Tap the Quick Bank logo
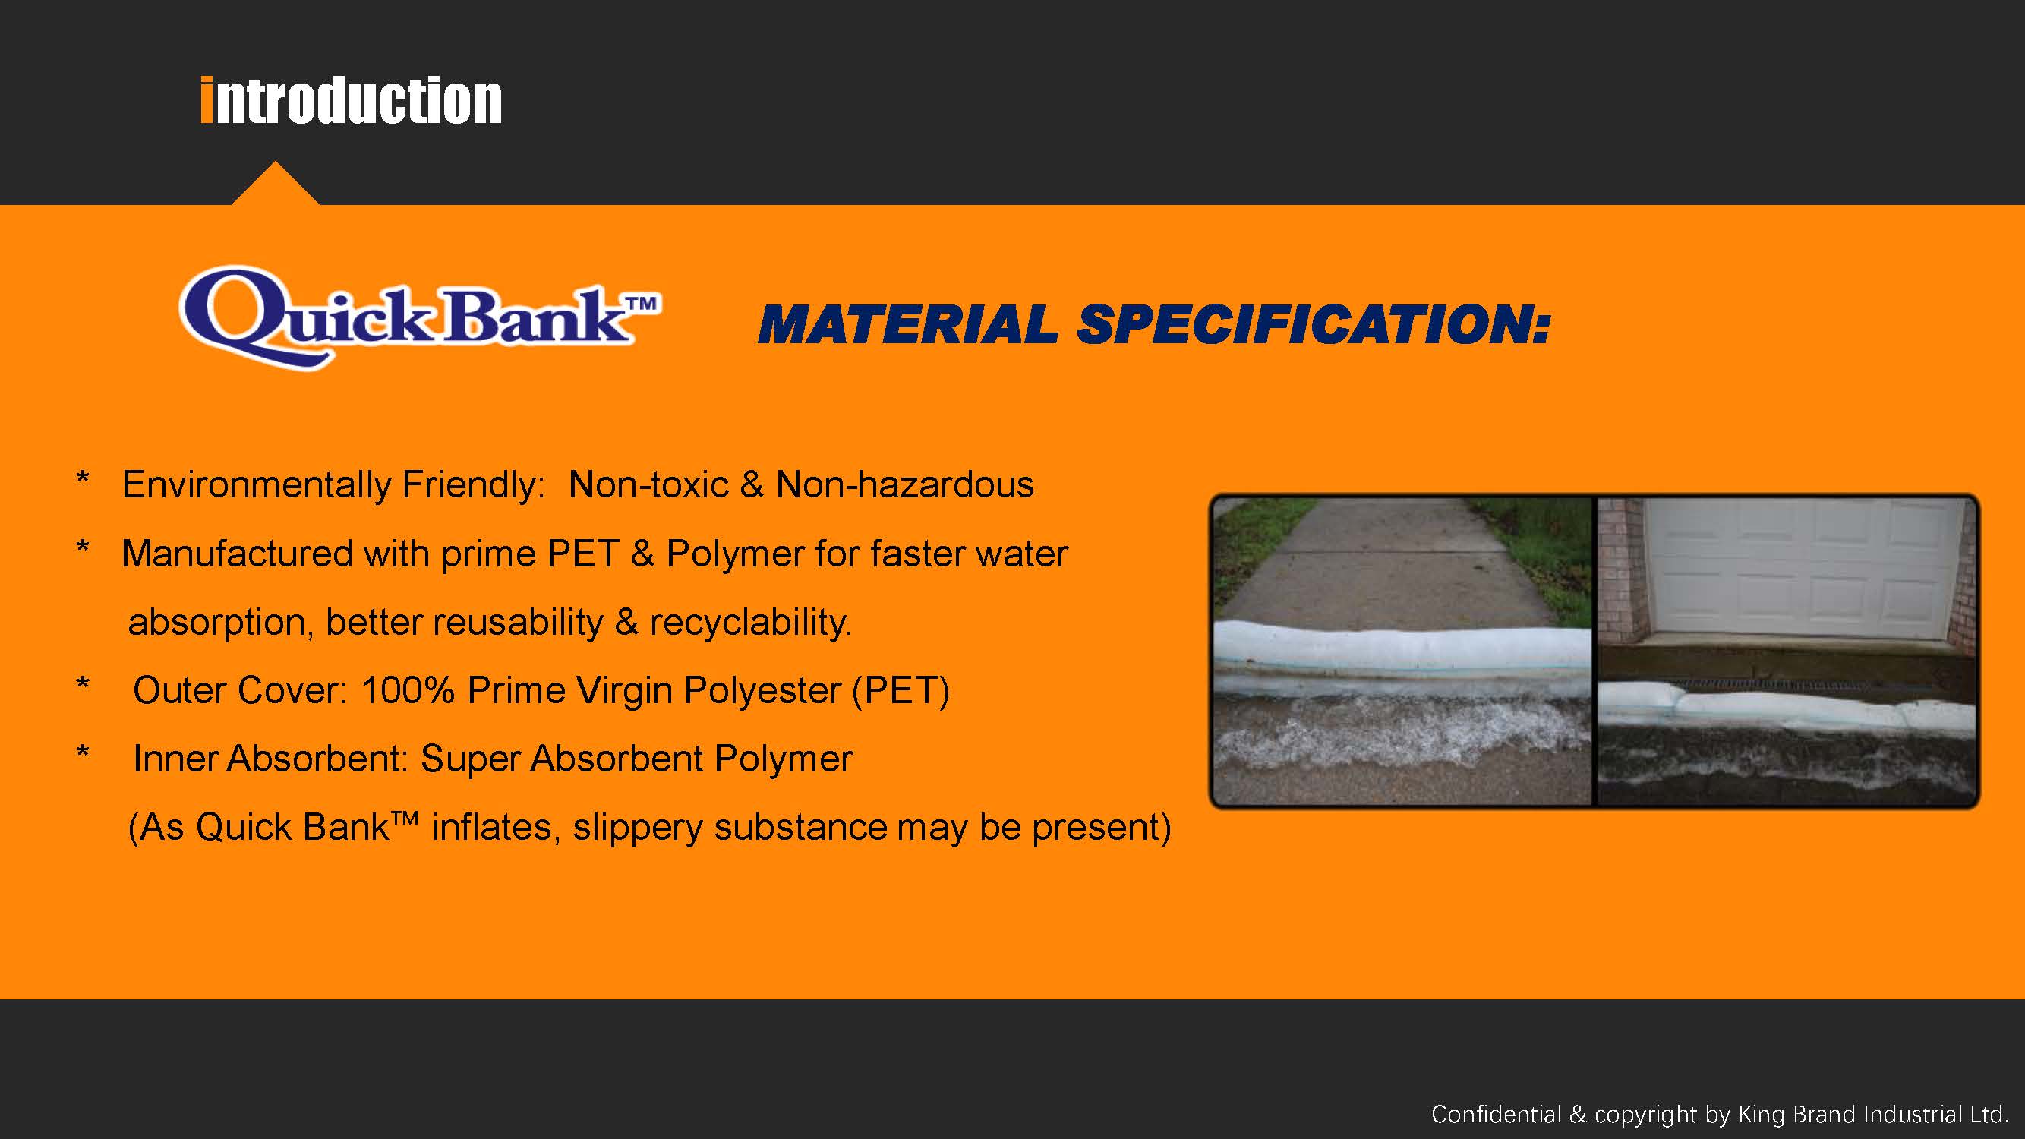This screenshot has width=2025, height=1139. click(420, 317)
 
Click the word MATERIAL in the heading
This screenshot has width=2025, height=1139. click(908, 325)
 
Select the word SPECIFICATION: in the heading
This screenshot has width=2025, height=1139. click(1314, 325)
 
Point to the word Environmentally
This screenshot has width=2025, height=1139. click(257, 486)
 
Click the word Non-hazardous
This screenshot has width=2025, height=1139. click(905, 484)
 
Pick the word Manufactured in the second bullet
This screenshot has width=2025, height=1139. click(237, 554)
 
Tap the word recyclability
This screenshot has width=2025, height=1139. click(751, 623)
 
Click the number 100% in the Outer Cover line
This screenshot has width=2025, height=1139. click(407, 690)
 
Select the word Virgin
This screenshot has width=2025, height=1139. click(624, 691)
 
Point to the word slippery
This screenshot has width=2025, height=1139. click(638, 828)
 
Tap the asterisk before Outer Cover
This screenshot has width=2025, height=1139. click(83, 683)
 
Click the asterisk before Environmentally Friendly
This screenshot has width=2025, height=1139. click(83, 477)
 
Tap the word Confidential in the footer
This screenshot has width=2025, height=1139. click(1497, 1114)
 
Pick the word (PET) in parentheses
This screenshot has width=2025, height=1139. click(901, 691)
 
